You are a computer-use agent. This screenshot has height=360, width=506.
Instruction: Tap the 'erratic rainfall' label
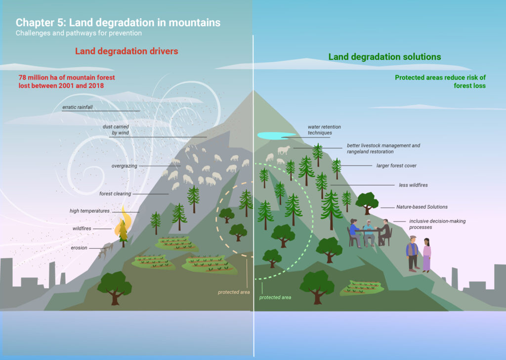tap(78, 107)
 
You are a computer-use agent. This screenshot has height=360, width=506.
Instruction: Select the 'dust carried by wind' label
tap(116, 130)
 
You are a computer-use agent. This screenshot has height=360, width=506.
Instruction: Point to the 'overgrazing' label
tap(124, 166)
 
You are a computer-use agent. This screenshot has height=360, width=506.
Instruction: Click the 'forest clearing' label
tap(115, 194)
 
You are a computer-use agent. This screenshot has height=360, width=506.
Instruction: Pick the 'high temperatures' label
tap(90, 211)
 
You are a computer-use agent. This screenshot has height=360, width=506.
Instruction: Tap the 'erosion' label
tap(79, 248)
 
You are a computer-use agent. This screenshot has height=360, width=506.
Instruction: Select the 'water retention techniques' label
tap(324, 130)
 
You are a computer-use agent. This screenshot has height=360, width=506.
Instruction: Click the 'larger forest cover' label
tap(396, 166)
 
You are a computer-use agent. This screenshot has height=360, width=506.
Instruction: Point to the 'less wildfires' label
tap(414, 185)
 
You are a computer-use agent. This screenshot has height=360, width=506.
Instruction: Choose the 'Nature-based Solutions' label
tap(422, 207)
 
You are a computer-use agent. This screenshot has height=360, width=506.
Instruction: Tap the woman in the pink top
tap(426, 255)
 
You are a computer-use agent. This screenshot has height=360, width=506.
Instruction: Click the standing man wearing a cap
tap(413, 254)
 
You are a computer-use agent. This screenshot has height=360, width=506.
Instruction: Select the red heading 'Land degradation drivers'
tap(126, 51)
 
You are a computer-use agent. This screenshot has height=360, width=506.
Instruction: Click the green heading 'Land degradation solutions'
tap(384, 57)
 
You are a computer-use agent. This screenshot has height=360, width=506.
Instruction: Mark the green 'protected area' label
tap(275, 297)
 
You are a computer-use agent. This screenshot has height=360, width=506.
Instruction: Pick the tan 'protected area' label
tap(234, 292)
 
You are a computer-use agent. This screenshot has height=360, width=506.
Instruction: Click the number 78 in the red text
tap(22, 78)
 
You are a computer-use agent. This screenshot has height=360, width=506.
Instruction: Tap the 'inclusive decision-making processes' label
tap(437, 224)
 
